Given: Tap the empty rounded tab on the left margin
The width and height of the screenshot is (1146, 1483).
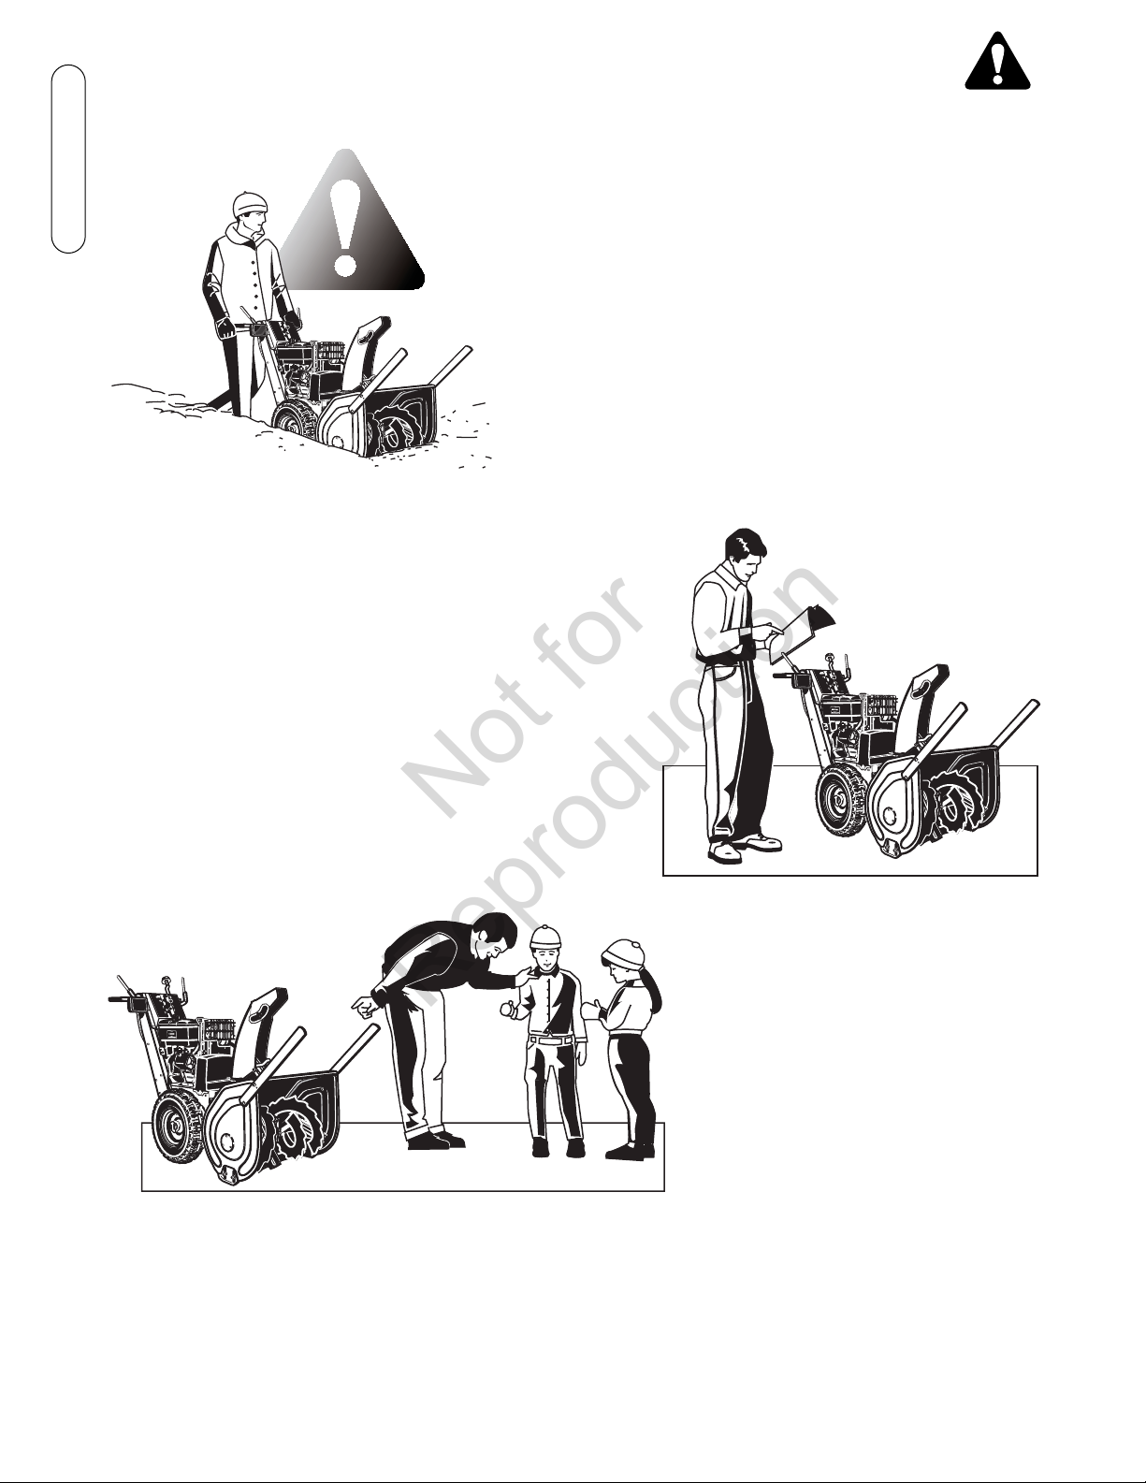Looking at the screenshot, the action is [x=68, y=159].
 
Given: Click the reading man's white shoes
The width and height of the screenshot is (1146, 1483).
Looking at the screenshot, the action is [x=744, y=846].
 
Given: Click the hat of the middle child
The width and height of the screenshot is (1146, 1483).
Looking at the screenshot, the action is [x=547, y=937].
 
